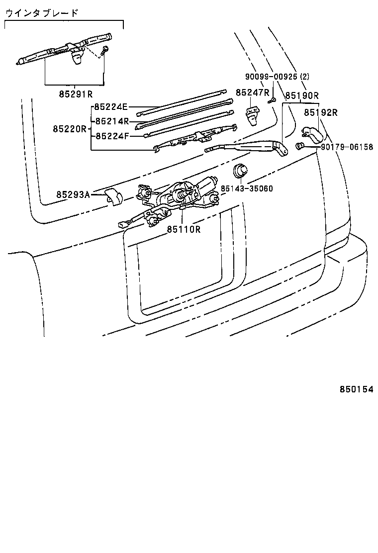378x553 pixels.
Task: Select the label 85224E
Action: pos(111,107)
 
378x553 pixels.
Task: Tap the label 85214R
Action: pos(112,121)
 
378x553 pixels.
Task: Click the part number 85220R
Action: pos(70,129)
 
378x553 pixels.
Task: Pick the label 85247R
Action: pos(253,92)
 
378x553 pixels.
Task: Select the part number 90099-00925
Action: pos(272,77)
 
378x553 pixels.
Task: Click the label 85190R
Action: pos(302,95)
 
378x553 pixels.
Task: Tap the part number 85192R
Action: pos(321,112)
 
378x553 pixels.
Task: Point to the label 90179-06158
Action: pos(347,147)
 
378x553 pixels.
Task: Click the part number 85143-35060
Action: pos(247,188)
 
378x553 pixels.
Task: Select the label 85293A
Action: pos(73,194)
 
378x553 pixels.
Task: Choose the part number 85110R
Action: pos(184,229)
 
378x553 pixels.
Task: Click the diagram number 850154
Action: pos(356,390)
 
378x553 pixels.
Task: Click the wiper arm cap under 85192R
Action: pos(312,133)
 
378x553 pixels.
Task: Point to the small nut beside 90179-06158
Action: pos(300,146)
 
